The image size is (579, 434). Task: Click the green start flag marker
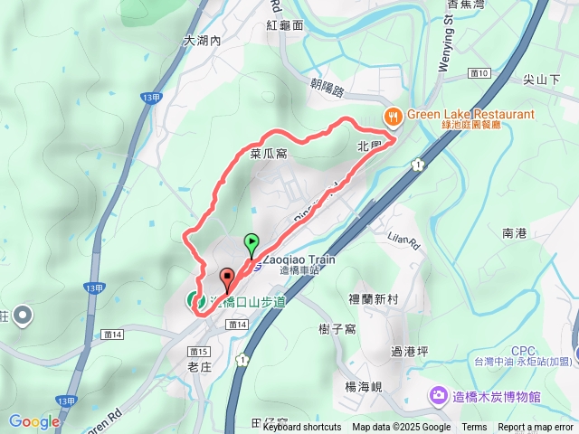[x=252, y=242]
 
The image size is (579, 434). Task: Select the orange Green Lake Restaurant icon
[x=393, y=116]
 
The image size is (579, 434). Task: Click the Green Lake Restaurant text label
[x=470, y=115]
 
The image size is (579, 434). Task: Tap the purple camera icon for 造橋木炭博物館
[x=439, y=395]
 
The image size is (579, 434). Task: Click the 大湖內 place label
[x=202, y=41]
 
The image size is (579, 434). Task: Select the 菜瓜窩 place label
[x=269, y=155]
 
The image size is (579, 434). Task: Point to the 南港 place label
[x=514, y=233]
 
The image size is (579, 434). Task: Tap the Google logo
[x=34, y=421]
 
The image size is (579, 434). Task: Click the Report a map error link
[x=536, y=428]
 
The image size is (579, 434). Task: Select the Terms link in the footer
[x=474, y=428]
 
